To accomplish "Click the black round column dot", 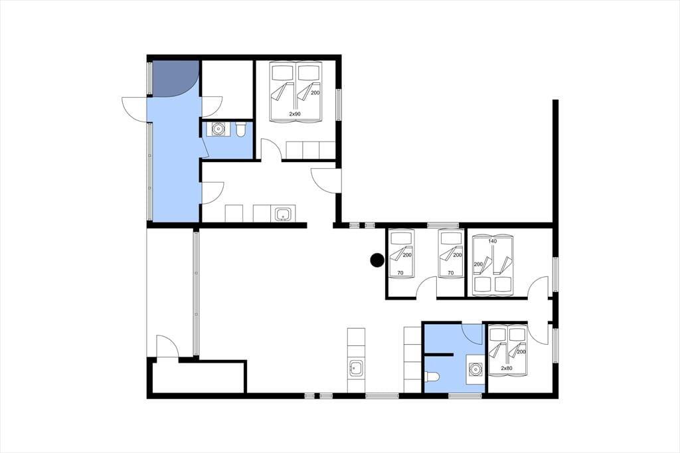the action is click(377, 260).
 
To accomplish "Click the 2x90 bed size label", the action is click(295, 114).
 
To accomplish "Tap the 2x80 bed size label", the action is click(507, 369).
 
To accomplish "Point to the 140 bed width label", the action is click(492, 241).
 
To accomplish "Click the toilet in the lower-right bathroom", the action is click(432, 376).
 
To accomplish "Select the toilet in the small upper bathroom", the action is click(241, 129).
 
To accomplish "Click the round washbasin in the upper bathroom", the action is click(217, 129).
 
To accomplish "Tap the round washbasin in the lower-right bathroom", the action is click(475, 369).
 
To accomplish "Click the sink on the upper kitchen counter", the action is click(284, 214).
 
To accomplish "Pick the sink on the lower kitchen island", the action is click(357, 368).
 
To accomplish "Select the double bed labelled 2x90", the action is click(296, 91).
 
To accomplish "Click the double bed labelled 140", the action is click(493, 264).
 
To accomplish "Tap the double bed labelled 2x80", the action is click(508, 350).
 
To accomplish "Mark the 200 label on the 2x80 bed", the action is click(521, 352).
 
